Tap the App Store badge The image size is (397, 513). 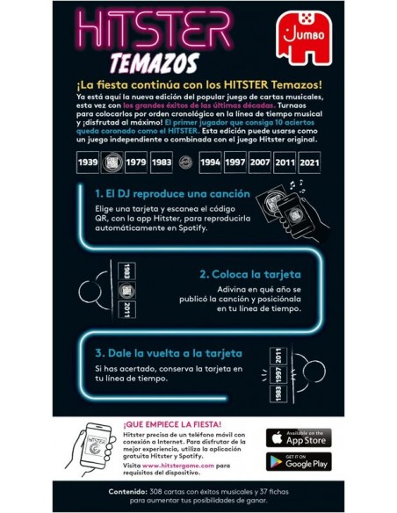click(298, 437)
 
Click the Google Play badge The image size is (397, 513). click(298, 461)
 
